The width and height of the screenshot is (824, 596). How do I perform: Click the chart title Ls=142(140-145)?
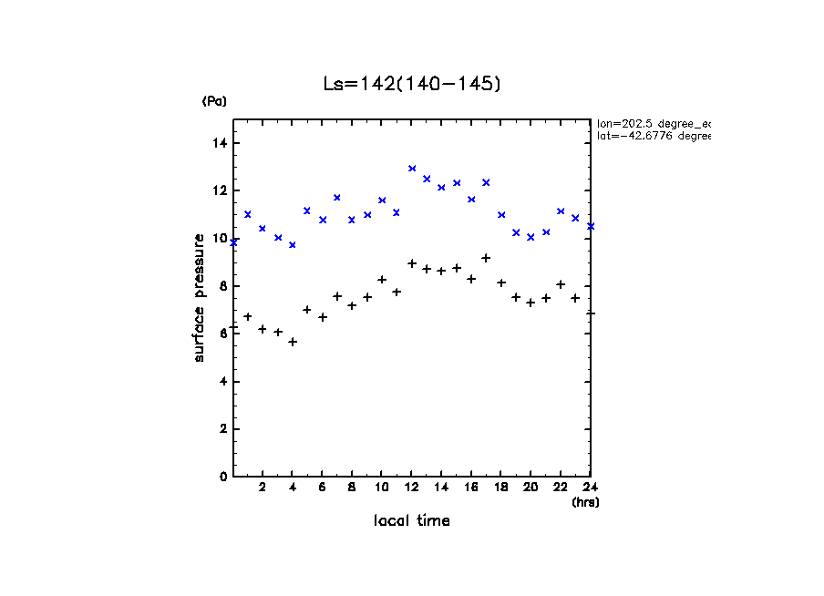[412, 84]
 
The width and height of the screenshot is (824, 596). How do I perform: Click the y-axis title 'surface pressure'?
[199, 297]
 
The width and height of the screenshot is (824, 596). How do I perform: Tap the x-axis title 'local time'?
[411, 520]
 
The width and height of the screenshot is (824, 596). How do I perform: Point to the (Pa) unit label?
[214, 101]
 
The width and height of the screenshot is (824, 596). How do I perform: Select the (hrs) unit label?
[585, 501]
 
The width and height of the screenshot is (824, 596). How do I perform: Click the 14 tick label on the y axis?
[220, 143]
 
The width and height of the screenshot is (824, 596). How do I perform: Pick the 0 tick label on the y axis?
[223, 477]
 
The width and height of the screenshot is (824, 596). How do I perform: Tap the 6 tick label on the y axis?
[223, 334]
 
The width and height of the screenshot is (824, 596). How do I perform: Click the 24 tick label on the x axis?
[590, 488]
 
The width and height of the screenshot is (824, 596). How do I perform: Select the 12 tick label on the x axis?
[411, 488]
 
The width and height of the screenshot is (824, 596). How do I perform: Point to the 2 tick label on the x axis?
[263, 488]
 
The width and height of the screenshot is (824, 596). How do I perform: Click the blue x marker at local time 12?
[412, 169]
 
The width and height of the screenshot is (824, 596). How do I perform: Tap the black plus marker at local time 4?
[293, 342]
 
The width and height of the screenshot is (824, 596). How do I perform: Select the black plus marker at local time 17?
[486, 258]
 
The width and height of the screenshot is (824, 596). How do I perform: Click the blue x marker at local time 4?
[293, 245]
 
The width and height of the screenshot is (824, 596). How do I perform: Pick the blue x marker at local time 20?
[530, 237]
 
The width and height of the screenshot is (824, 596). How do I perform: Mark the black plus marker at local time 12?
[412, 263]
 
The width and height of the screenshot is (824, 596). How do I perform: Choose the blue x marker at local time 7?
[337, 198]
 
